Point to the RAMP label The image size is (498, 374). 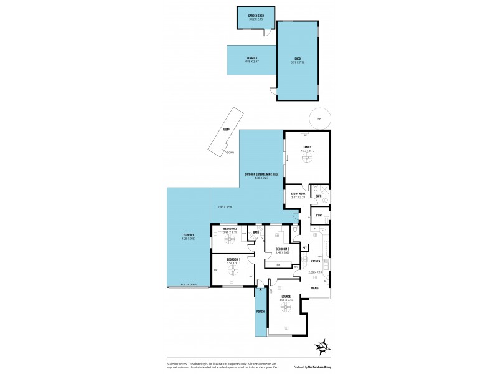(226, 130)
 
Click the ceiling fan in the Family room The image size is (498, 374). (307, 158)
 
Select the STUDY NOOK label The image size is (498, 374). (298, 194)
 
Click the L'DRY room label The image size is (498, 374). (319, 216)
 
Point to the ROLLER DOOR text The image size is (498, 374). (188, 284)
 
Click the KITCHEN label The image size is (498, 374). (315, 261)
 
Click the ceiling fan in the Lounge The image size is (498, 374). (286, 305)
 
